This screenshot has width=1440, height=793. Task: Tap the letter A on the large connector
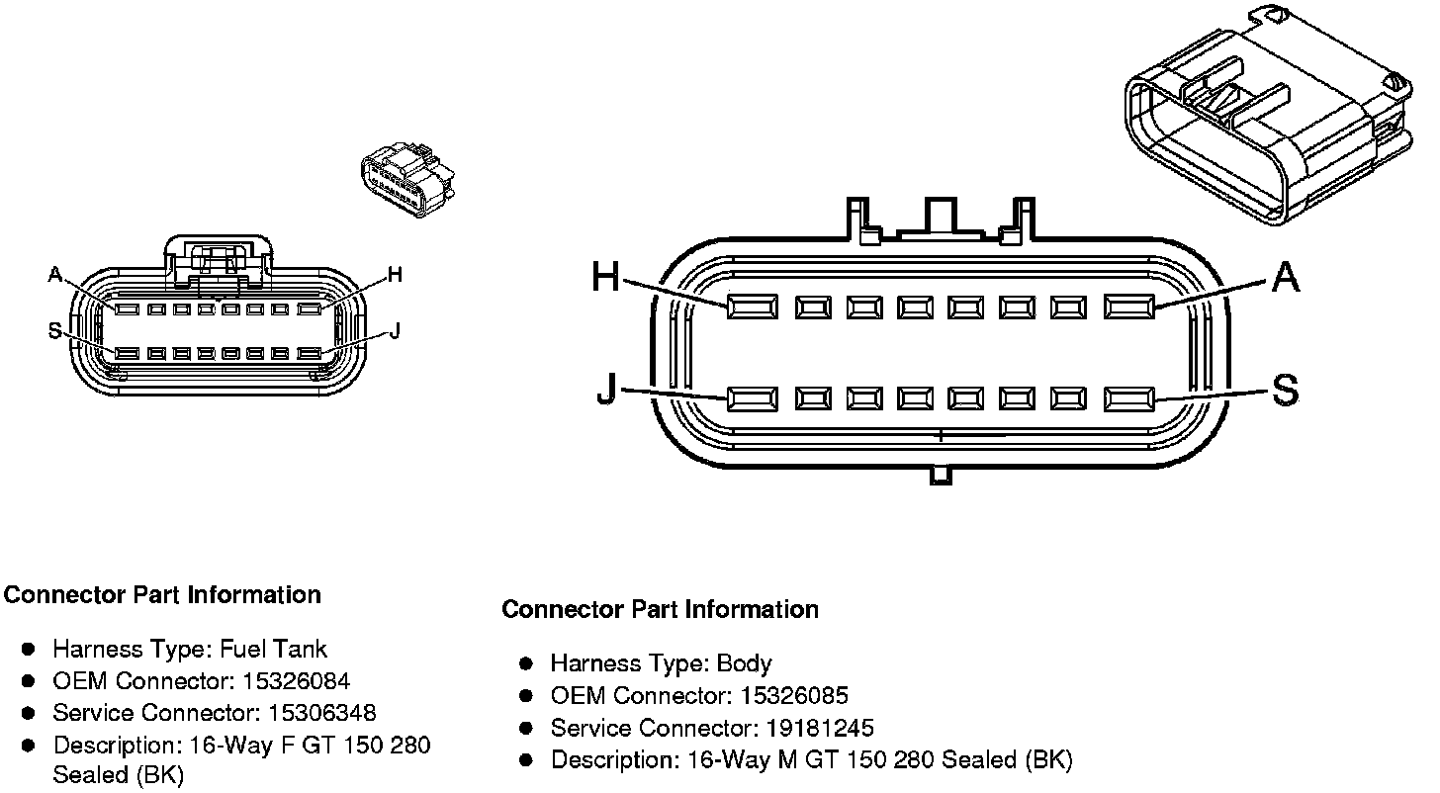(x=1285, y=278)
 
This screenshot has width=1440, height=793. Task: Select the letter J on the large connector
(x=607, y=392)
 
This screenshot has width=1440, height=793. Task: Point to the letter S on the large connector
(x=1285, y=391)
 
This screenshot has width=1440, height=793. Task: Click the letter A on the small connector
(x=55, y=274)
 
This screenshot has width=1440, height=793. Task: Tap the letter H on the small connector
(x=395, y=274)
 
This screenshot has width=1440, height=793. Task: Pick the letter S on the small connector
(x=55, y=330)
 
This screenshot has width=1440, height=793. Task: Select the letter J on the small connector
(x=395, y=330)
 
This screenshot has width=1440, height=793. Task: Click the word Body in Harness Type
(x=745, y=663)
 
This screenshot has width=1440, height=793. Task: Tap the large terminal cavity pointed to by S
(x=1129, y=399)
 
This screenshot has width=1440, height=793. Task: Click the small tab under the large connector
(x=941, y=476)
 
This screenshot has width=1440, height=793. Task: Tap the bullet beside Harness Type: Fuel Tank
(x=29, y=650)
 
